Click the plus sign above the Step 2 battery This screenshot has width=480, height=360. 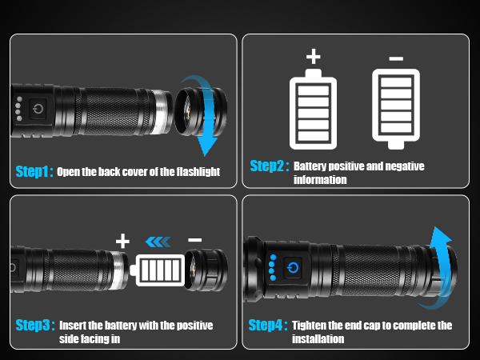point(313,57)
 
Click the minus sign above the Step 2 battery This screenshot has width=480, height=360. point(395,58)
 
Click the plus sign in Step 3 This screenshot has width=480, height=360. point(122,241)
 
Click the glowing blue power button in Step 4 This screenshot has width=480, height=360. point(293,267)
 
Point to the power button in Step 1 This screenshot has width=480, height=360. point(38,110)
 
